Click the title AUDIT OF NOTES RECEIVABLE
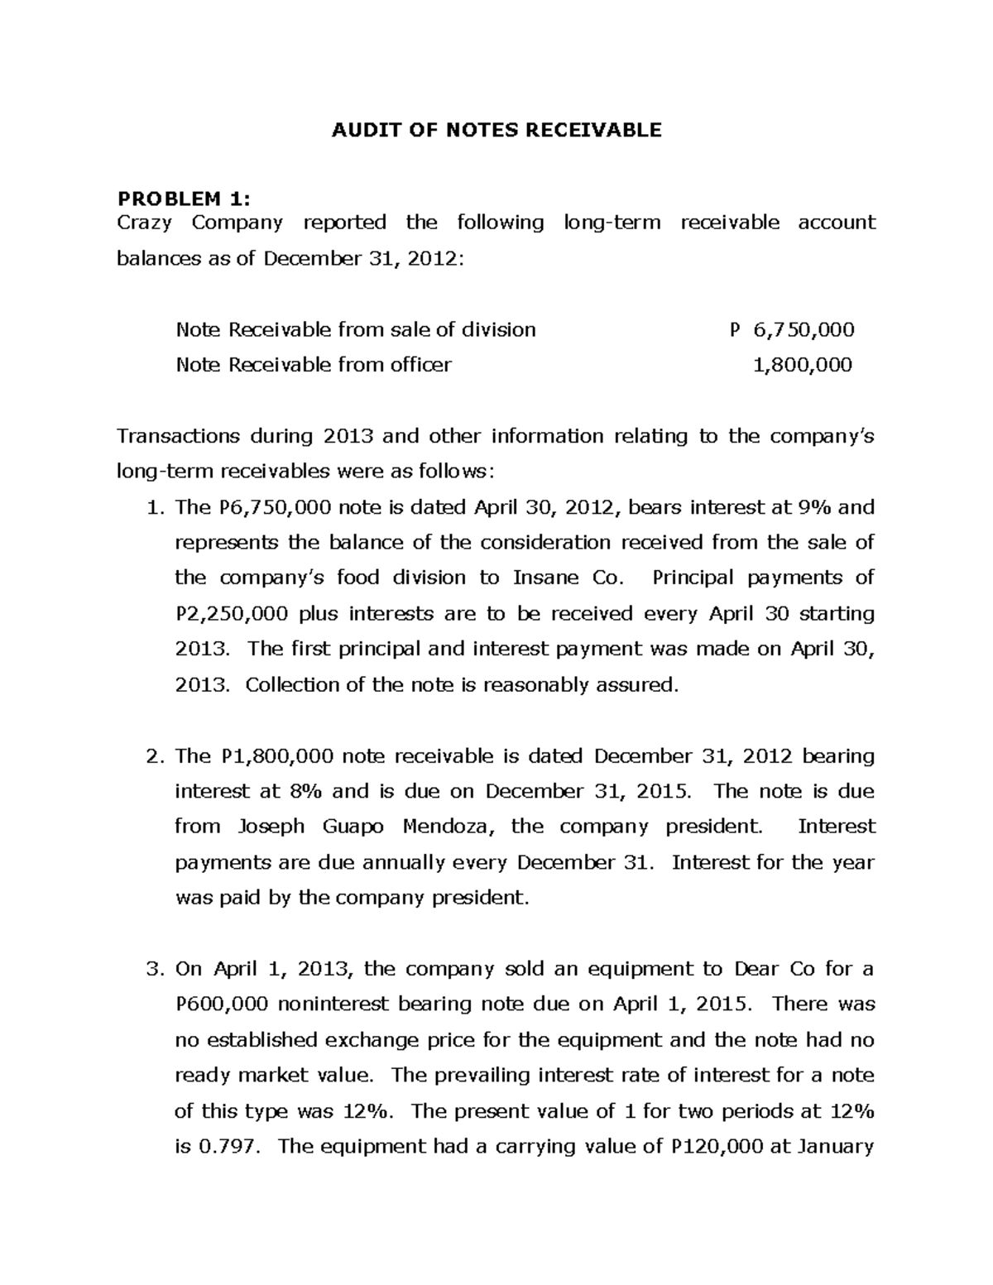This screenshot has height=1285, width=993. (x=496, y=130)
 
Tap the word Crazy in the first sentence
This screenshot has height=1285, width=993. (x=146, y=223)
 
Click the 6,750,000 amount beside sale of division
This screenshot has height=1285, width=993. (x=804, y=330)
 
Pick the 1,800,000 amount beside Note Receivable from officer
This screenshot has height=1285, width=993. (x=802, y=365)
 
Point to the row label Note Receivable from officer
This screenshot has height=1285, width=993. (x=314, y=365)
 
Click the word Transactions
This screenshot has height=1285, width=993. (x=178, y=436)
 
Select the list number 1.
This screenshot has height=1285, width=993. (x=152, y=507)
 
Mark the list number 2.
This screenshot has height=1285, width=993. (x=152, y=756)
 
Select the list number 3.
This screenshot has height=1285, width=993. (x=152, y=969)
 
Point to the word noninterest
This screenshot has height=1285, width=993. (x=334, y=1005)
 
